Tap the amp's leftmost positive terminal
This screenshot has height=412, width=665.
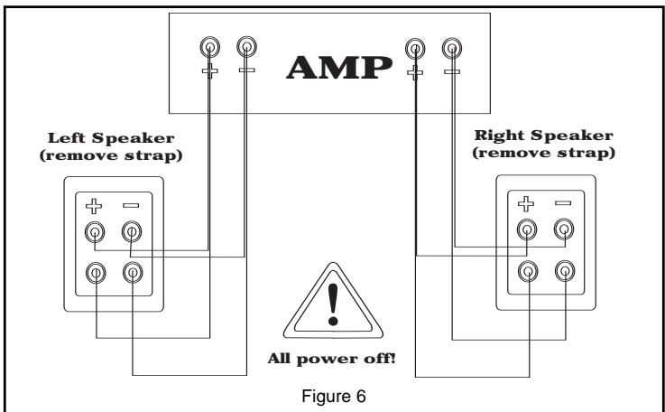tap(209, 47)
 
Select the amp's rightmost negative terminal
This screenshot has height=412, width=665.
tap(452, 47)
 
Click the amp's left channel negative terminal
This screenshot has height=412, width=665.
tap(245, 47)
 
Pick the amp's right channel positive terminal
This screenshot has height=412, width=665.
tap(415, 47)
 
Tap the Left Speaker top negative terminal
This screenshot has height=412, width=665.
tap(132, 233)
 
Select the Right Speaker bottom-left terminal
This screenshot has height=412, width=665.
tap(527, 269)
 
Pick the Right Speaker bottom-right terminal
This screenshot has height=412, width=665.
tap(564, 269)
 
